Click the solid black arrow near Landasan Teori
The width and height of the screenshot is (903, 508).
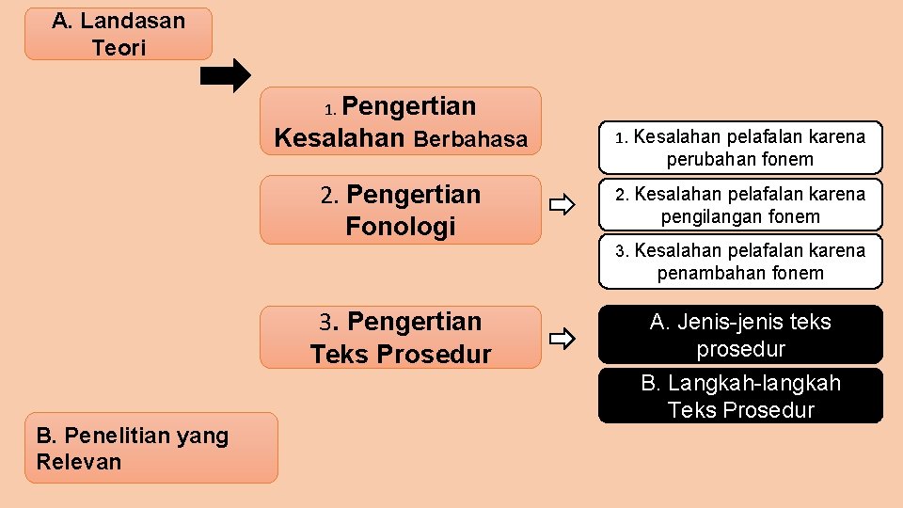[x=227, y=76]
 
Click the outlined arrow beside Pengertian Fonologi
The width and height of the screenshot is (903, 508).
[x=562, y=205]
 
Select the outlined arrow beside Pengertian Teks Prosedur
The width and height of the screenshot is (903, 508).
[x=562, y=337]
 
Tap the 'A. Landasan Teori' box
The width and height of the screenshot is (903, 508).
[x=119, y=34]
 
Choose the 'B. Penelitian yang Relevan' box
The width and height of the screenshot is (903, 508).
[x=150, y=448]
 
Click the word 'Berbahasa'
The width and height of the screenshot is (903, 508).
[x=470, y=139]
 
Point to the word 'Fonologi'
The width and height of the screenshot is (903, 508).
[x=400, y=227]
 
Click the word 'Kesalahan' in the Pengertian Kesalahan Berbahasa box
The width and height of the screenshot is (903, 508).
[x=339, y=138]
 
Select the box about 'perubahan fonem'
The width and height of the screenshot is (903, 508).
[x=740, y=148]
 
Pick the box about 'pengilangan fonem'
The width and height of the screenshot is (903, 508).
[x=740, y=205]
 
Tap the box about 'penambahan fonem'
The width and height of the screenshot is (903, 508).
[x=740, y=262]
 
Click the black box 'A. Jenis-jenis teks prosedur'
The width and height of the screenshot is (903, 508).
[x=740, y=335]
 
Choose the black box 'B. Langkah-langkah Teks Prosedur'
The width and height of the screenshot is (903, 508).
[x=740, y=396]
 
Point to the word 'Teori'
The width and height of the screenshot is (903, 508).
[x=119, y=48]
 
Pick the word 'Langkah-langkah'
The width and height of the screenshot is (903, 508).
[x=753, y=384]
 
